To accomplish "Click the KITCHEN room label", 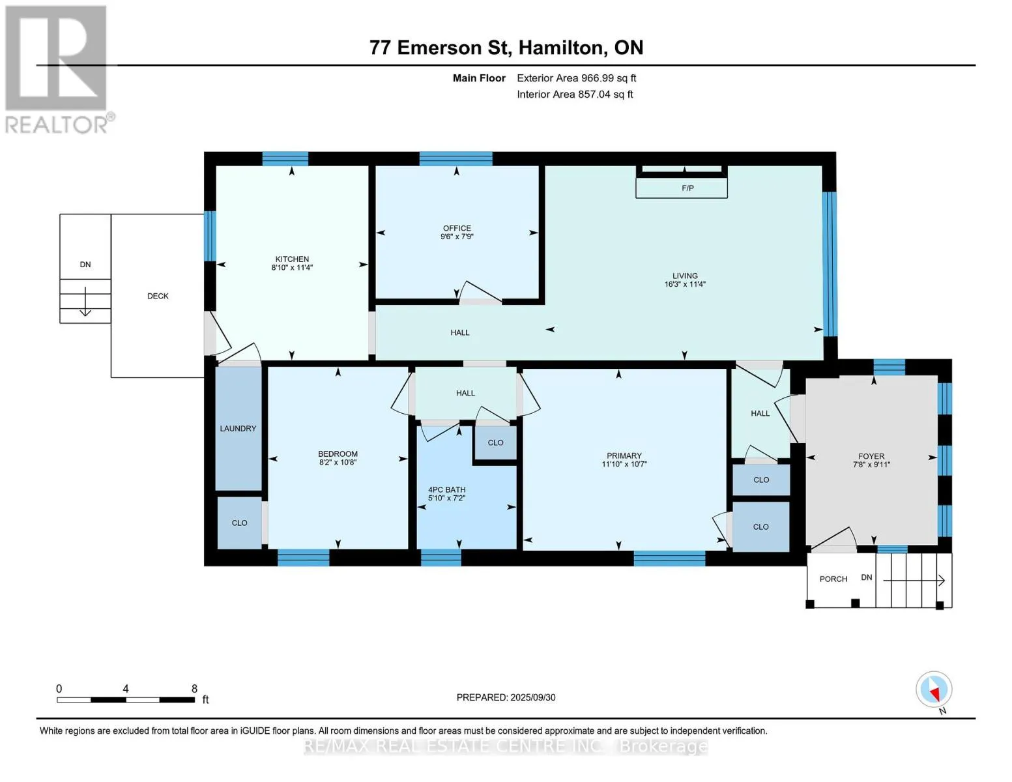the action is point(291,259).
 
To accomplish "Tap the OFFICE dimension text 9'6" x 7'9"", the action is point(456,236).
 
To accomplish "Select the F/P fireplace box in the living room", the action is point(682,188).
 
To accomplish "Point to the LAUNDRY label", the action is point(238,429).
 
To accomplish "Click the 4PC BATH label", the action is point(446,489).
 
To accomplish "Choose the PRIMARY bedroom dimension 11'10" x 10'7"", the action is point(624,464).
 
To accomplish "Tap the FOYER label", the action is point(871,456).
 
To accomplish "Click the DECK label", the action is point(158,297).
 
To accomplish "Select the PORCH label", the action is point(833,579).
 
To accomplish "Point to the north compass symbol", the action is point(934,689).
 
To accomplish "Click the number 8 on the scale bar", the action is point(194,688).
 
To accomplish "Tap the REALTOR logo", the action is point(58,69).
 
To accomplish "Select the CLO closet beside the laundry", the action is point(239,523).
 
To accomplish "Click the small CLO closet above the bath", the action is point(495,442).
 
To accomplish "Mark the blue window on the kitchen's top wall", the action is point(285,159).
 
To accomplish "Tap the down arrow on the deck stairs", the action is point(85,301).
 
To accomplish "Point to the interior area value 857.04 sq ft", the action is point(605,94).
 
